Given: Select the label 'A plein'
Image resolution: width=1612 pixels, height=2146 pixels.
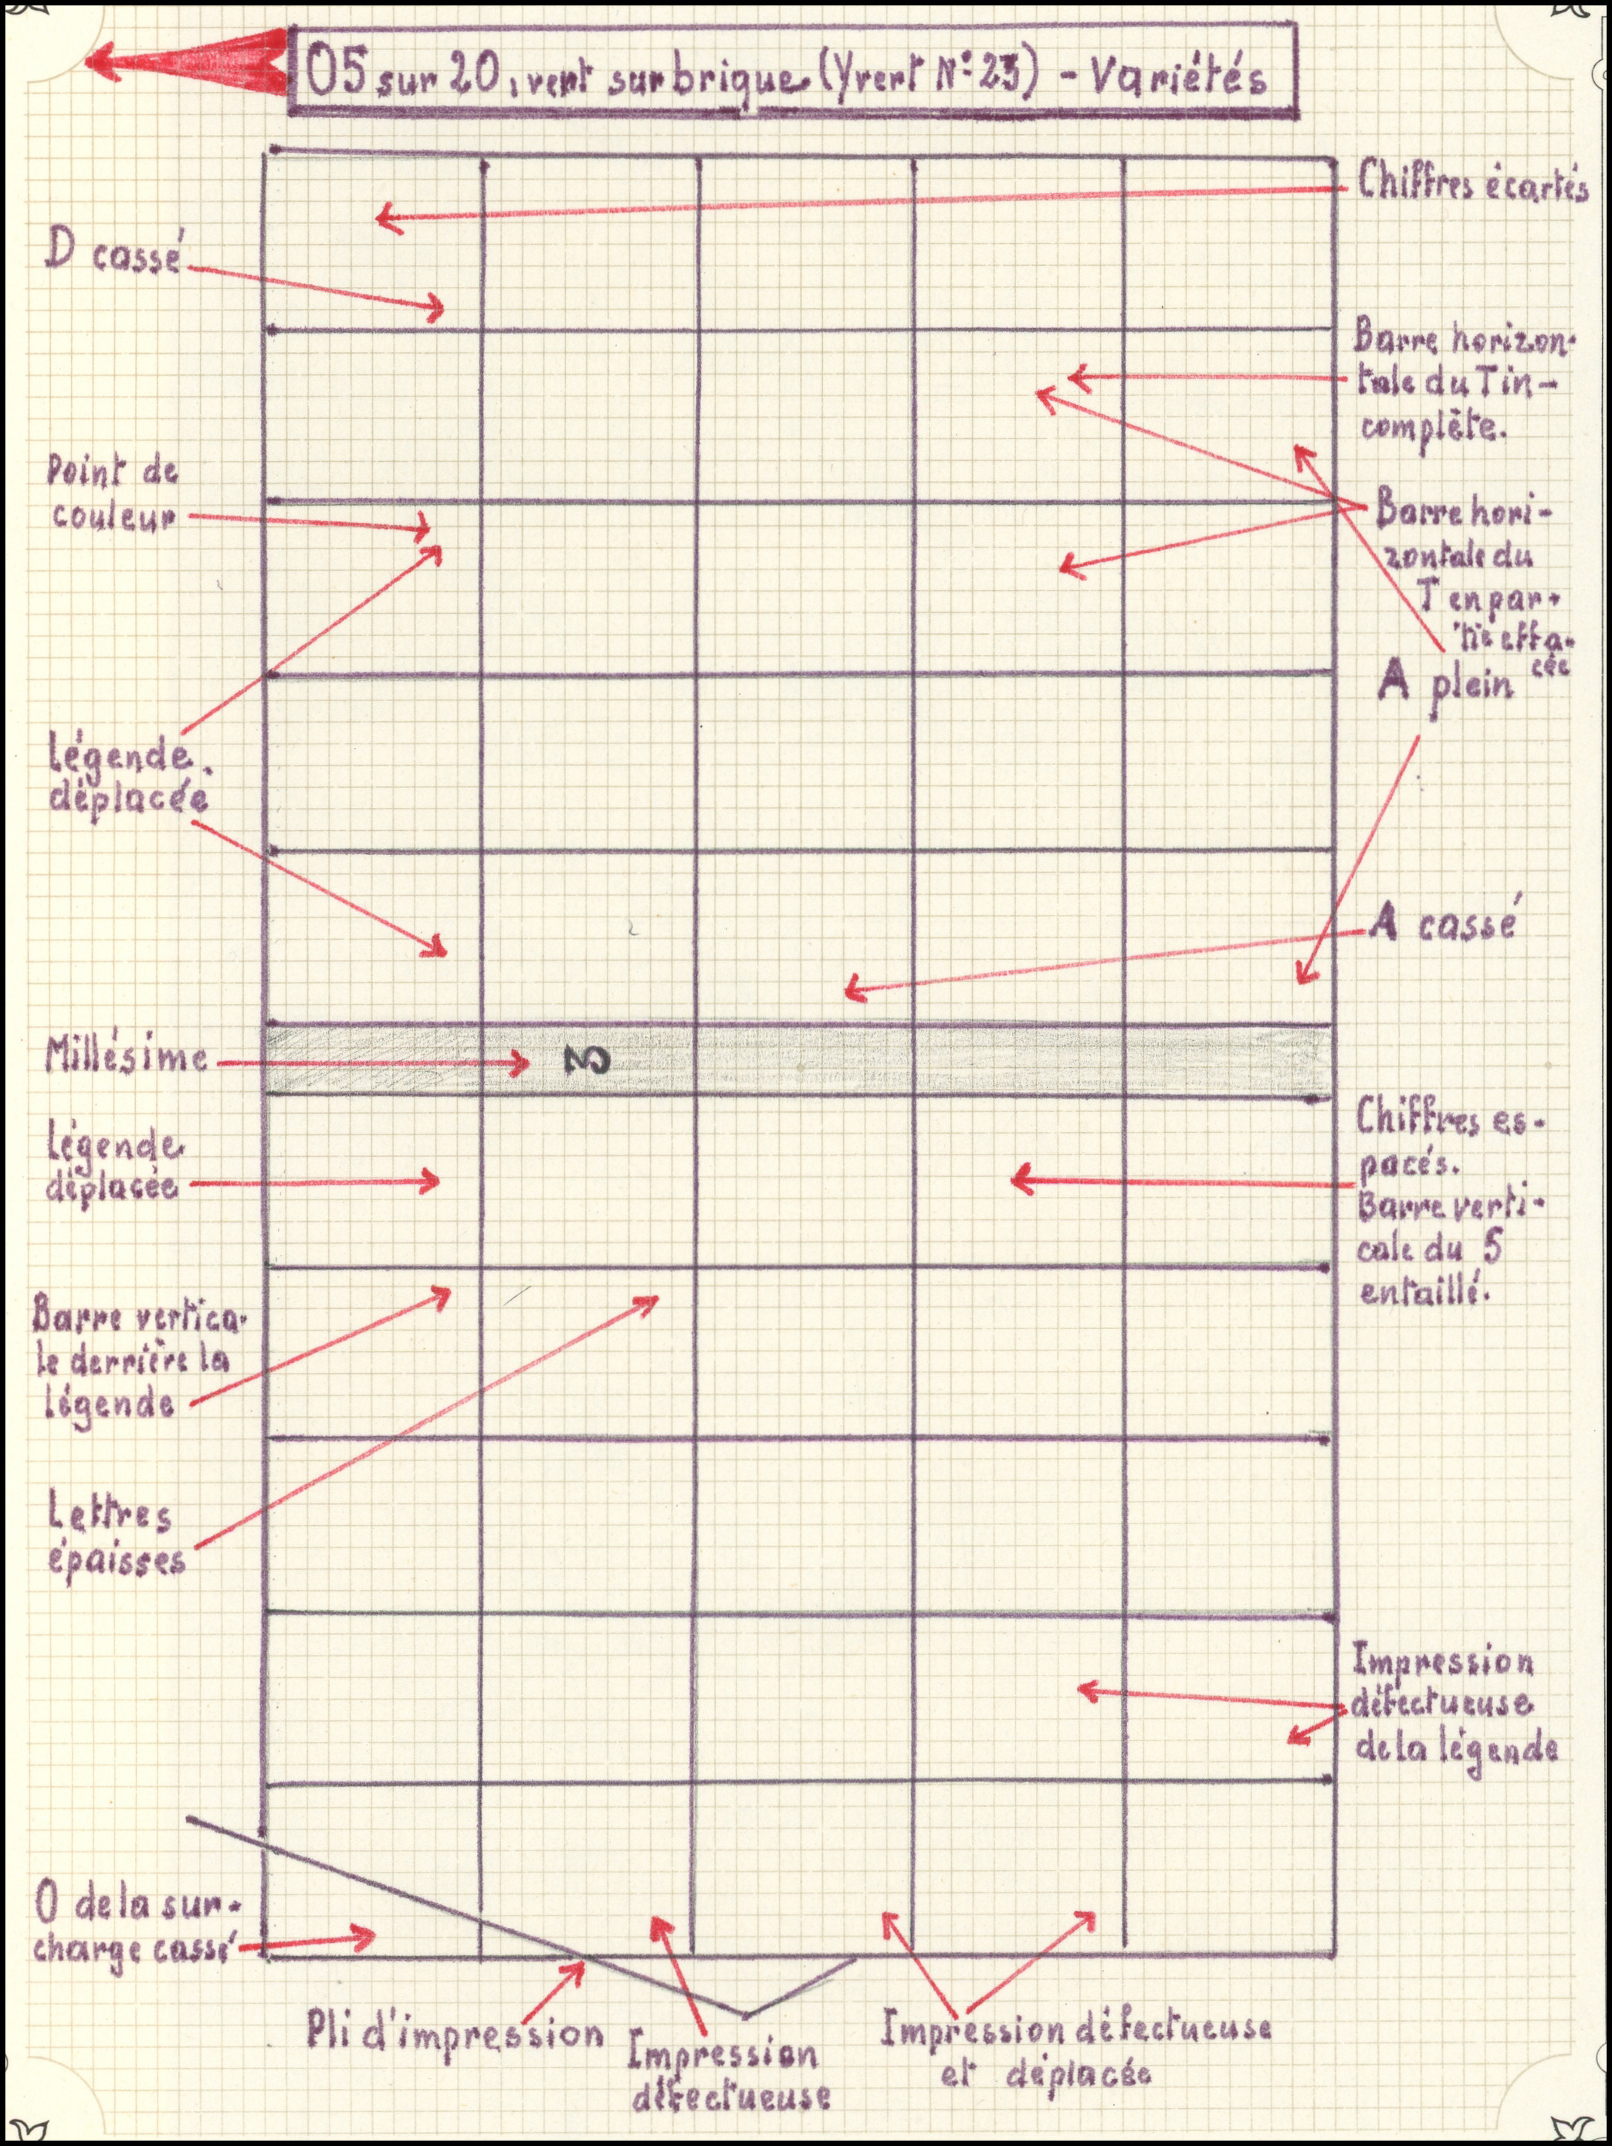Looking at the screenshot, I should tap(1445, 682).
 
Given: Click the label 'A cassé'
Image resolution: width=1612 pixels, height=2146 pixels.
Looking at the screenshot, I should tap(1442, 924).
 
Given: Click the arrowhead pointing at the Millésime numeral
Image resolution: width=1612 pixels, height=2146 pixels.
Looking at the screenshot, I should tap(522, 1063).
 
